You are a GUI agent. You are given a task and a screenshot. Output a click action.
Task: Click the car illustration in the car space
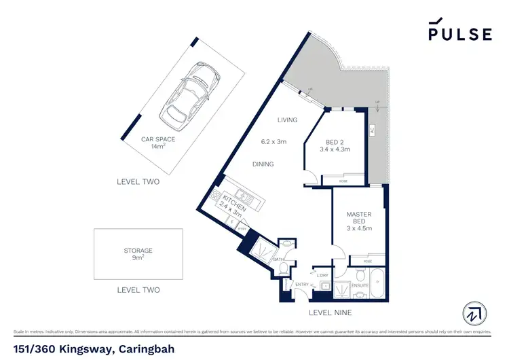(x=185, y=97)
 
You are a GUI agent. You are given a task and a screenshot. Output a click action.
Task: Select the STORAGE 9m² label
(x=138, y=254)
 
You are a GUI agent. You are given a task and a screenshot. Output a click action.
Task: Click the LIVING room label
(x=287, y=120)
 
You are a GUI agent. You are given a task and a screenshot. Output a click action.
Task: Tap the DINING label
(x=263, y=164)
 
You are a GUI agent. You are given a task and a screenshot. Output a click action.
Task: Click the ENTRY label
(x=302, y=285)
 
